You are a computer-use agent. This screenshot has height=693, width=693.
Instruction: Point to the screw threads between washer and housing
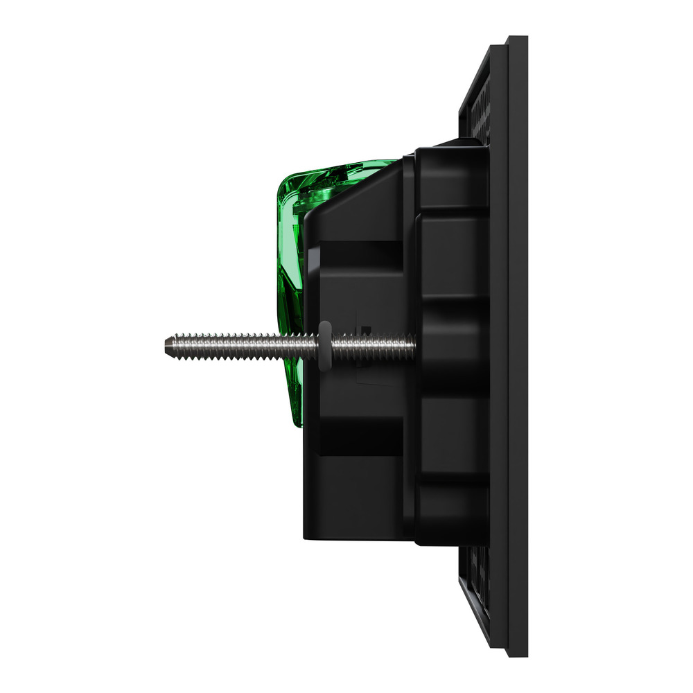pyautogui.click(x=371, y=344)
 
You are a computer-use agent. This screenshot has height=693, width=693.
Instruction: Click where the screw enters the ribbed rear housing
pyautogui.click(x=414, y=344)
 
